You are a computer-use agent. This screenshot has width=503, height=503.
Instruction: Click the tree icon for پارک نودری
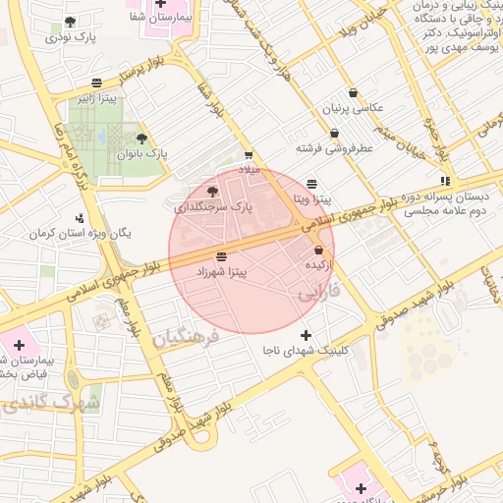point(69,22)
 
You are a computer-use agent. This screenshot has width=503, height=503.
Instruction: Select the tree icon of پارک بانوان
point(142,139)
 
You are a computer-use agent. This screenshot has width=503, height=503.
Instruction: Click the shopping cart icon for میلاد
point(249,154)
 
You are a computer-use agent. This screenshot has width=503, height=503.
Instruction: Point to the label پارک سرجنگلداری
point(213,207)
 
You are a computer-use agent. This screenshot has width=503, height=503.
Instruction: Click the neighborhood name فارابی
point(318,292)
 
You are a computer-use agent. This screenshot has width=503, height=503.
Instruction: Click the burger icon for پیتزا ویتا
point(312,184)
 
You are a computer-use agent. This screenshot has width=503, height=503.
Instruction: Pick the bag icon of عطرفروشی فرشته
point(335,133)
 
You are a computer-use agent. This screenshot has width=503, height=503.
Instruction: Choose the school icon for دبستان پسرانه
point(445,181)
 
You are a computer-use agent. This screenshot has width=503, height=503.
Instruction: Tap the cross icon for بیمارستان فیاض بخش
point(18,346)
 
